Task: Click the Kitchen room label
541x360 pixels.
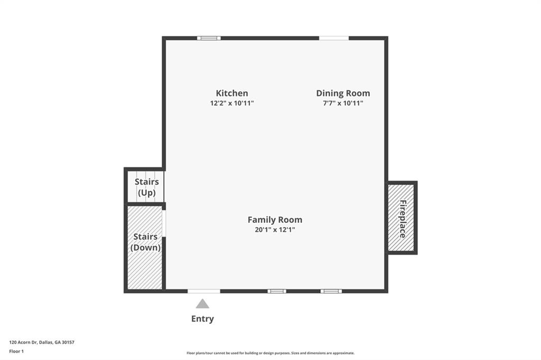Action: click(x=232, y=93)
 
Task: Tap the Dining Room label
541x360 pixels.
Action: click(x=343, y=93)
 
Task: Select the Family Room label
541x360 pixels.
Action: click(x=275, y=220)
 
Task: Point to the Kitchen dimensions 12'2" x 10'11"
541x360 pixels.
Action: click(x=232, y=103)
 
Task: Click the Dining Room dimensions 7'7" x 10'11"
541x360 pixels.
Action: click(x=343, y=103)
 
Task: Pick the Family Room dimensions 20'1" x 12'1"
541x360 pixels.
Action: click(x=275, y=230)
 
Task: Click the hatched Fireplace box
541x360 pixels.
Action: click(x=402, y=217)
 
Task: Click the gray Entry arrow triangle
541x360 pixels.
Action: click(x=202, y=304)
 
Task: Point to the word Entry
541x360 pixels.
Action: click(x=202, y=319)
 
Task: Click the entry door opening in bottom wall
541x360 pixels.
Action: click(x=204, y=291)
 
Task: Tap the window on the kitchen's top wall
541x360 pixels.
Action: click(x=209, y=38)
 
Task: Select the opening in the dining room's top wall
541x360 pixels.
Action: click(x=334, y=38)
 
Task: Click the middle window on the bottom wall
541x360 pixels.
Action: click(x=276, y=291)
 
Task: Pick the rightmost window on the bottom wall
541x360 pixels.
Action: click(x=331, y=291)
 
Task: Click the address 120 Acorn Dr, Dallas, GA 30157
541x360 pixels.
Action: click(x=42, y=342)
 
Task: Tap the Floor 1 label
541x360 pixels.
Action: click(x=17, y=350)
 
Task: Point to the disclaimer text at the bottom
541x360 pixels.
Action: click(x=270, y=353)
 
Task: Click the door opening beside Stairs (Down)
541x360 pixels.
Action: click(x=164, y=223)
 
